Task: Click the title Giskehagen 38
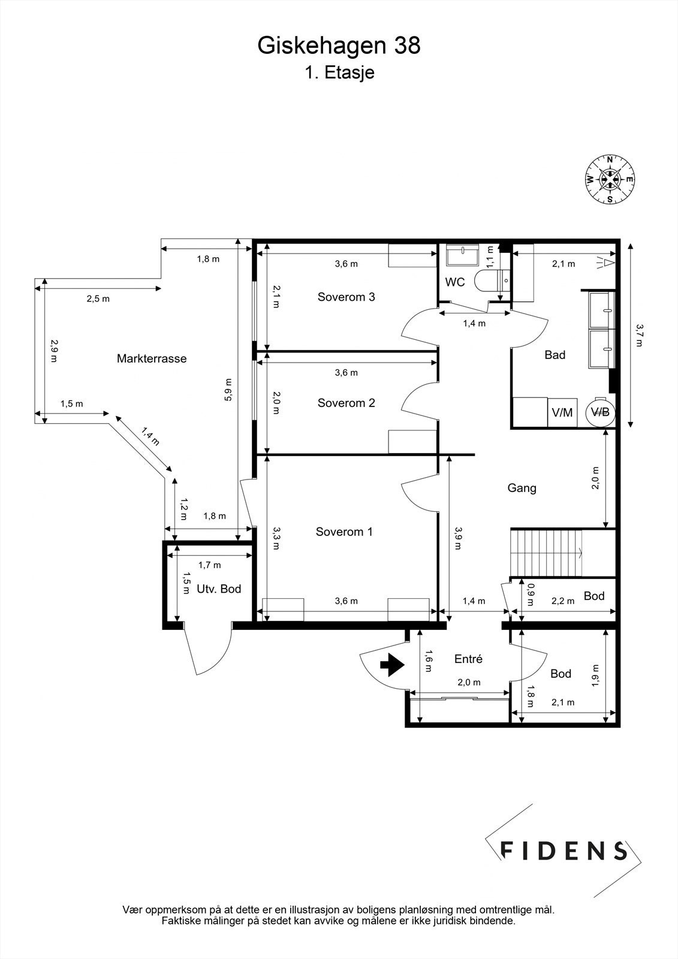[x=339, y=46]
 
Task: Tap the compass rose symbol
[x=610, y=179]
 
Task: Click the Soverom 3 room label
[x=346, y=297]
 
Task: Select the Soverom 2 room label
[x=346, y=403]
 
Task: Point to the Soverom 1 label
[x=344, y=532]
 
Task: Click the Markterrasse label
[x=152, y=358]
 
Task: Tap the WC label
[x=455, y=282]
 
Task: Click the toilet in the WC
[x=493, y=281]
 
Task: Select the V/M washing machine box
[x=562, y=412]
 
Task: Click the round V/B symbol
[x=600, y=412]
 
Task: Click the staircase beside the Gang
[x=547, y=553]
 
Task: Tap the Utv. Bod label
[x=219, y=589]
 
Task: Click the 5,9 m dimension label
[x=228, y=390]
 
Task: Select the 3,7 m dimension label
[x=640, y=335]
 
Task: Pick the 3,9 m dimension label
[x=457, y=538]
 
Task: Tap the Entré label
[x=468, y=659]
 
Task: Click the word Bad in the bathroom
[x=555, y=355]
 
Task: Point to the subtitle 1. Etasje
[x=340, y=73]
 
